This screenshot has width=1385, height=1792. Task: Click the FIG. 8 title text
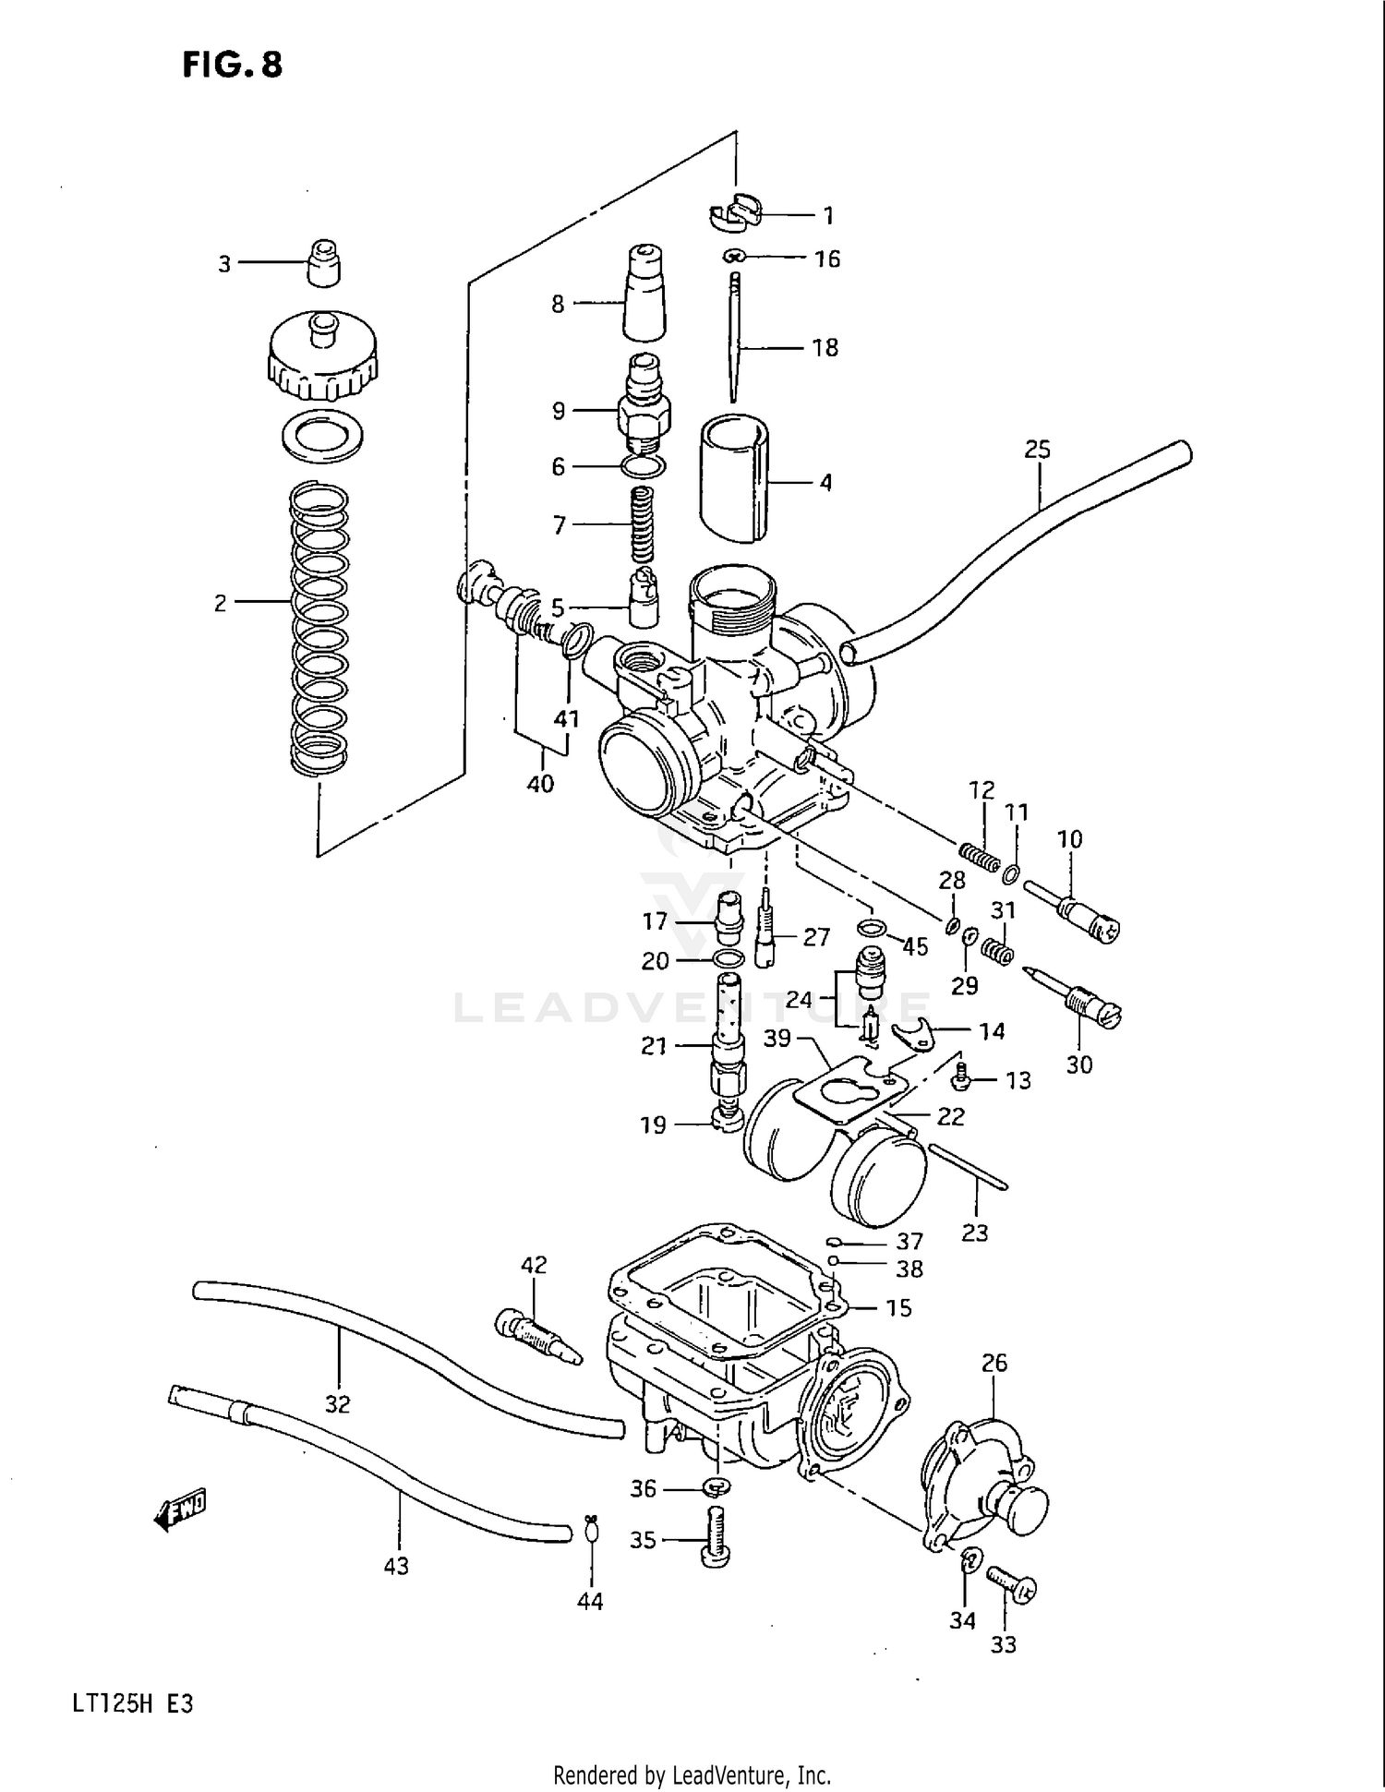[x=232, y=66]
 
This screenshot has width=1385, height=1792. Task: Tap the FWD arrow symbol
[x=181, y=1509]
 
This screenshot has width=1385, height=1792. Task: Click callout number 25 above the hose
[x=1037, y=450]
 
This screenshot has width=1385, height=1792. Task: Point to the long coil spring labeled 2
[x=319, y=628]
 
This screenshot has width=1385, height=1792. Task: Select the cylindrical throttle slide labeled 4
[x=735, y=477]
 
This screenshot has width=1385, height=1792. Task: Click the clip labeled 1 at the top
[x=737, y=213]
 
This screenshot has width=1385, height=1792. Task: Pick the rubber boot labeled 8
[x=644, y=294]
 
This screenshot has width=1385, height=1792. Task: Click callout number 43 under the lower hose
[x=396, y=1566]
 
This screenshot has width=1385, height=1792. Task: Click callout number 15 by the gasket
[x=897, y=1308]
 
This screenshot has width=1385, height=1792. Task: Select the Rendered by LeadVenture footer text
[x=692, y=1774]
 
